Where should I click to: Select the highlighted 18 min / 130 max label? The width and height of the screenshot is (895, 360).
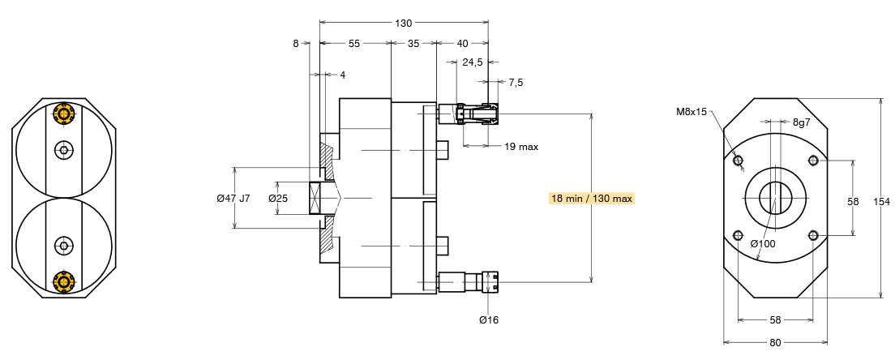tap(592, 198)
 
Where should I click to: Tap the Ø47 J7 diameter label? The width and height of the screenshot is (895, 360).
tap(233, 198)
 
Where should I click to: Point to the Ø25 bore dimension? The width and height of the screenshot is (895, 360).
tap(278, 198)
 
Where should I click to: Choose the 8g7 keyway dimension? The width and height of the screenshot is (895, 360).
tap(801, 122)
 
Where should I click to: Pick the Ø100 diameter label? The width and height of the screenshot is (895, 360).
tap(763, 243)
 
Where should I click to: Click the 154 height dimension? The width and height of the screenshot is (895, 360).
tap(884, 200)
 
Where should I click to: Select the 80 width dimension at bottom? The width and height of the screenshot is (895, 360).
tap(775, 342)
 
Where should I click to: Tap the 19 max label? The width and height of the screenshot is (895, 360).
tap(521, 147)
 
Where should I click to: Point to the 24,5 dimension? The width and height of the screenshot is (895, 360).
tap(473, 62)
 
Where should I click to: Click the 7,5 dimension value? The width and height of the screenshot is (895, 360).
tap(516, 82)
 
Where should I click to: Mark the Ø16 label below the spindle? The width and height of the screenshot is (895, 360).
tap(489, 319)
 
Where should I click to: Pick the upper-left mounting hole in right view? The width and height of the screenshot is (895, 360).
tap(738, 161)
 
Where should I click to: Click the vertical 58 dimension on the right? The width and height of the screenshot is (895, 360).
tap(852, 200)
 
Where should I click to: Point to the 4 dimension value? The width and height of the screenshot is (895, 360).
tap(342, 75)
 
